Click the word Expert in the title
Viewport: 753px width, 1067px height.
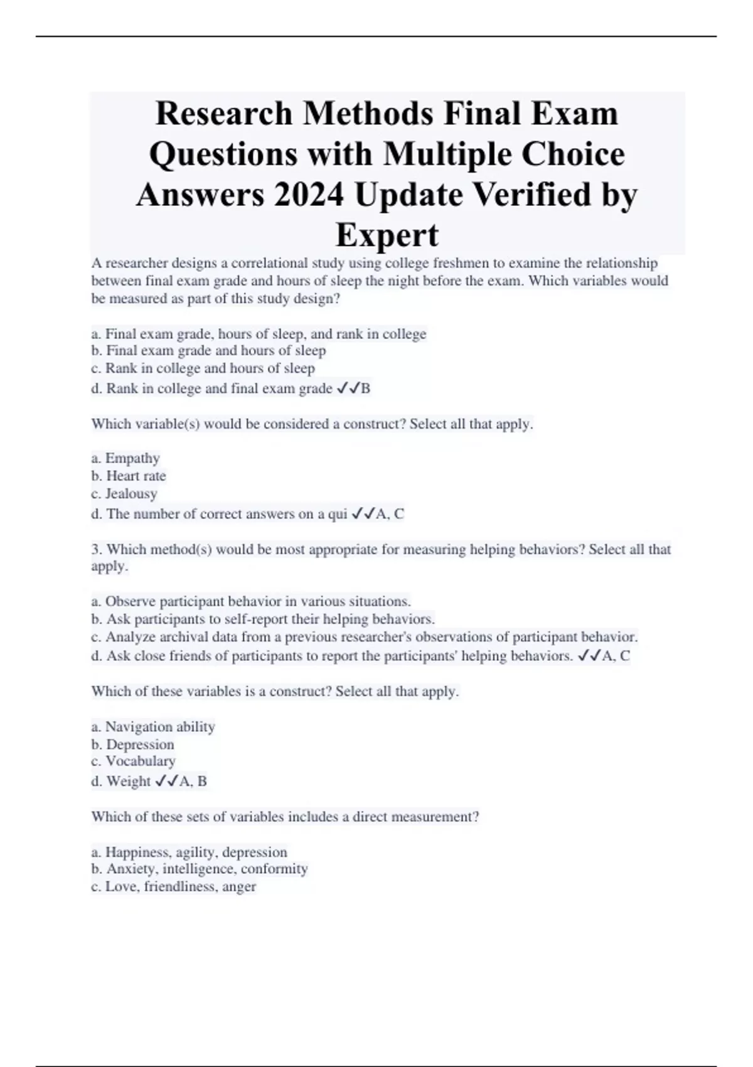tap(387, 235)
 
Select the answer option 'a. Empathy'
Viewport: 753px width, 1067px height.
tap(125, 458)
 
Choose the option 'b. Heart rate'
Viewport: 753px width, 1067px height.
tap(129, 476)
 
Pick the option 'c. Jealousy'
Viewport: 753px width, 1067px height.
tap(124, 493)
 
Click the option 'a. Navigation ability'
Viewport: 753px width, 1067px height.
tap(153, 727)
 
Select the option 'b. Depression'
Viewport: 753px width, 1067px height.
tap(132, 744)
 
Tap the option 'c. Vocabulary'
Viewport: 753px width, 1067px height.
tap(133, 761)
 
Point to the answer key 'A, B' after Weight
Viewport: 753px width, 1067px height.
tap(193, 781)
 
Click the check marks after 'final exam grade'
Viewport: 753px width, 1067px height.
tap(348, 389)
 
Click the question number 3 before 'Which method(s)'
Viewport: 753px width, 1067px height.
tap(95, 550)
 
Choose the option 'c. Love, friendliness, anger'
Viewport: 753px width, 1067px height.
tap(173, 886)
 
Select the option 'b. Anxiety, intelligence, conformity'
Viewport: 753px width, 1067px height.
tap(200, 869)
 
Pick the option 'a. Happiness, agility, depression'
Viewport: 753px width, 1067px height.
tap(189, 852)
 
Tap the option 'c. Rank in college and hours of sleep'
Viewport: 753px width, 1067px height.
tap(203, 368)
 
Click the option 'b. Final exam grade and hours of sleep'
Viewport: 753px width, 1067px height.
tap(208, 350)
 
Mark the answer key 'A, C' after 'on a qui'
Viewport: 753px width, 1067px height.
tap(390, 514)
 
